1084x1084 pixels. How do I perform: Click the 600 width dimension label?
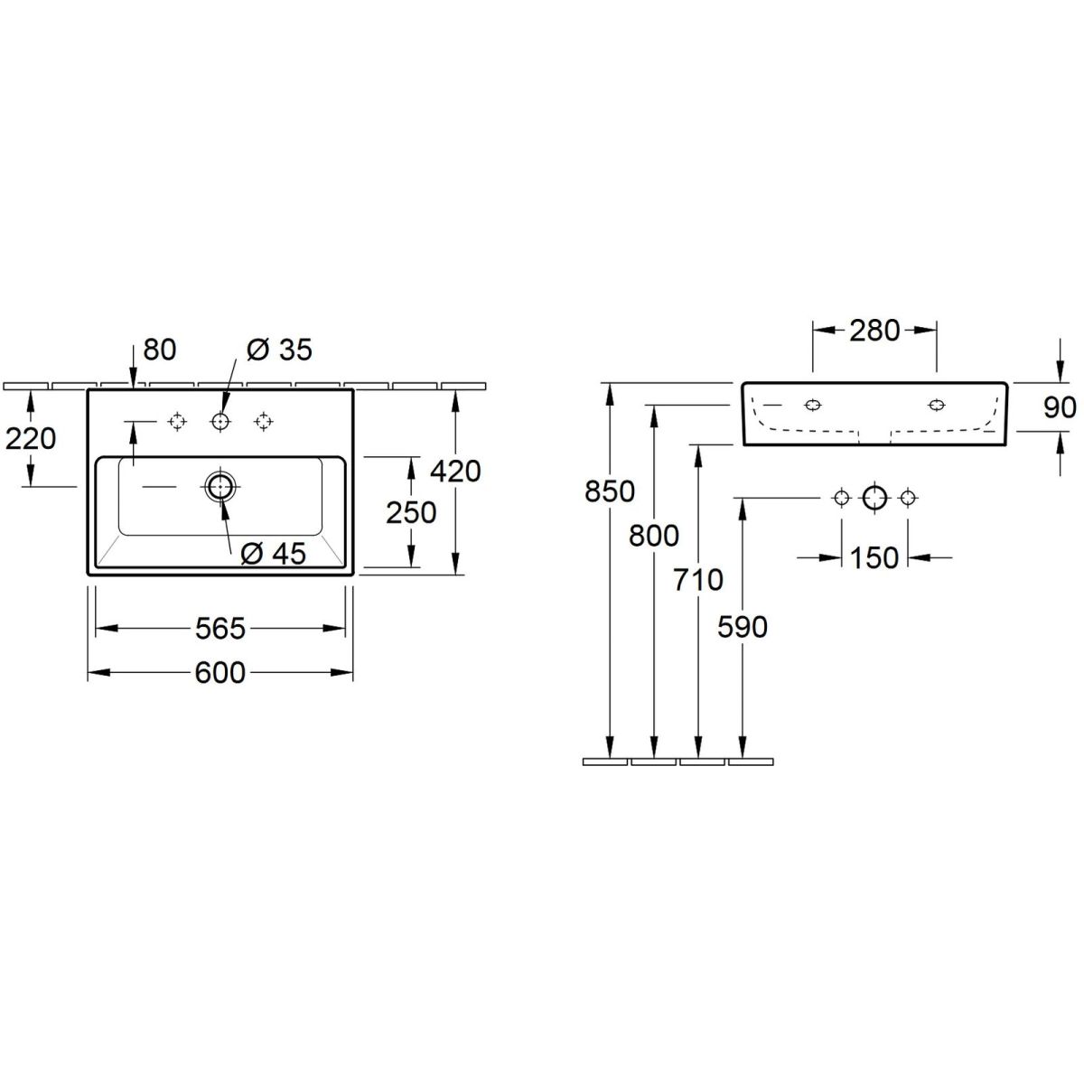(x=220, y=673)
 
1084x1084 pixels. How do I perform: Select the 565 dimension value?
(x=220, y=629)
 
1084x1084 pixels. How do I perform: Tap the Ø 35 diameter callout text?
(x=279, y=350)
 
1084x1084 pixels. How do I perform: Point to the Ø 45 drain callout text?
(x=274, y=554)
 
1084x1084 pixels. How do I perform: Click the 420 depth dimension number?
(x=455, y=472)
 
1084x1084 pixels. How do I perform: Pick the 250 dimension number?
(x=411, y=513)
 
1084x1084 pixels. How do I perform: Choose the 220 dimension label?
(x=31, y=439)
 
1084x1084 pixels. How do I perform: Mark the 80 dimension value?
(x=160, y=350)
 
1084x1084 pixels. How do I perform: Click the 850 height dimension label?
(x=610, y=491)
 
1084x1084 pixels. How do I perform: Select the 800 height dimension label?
(x=654, y=536)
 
